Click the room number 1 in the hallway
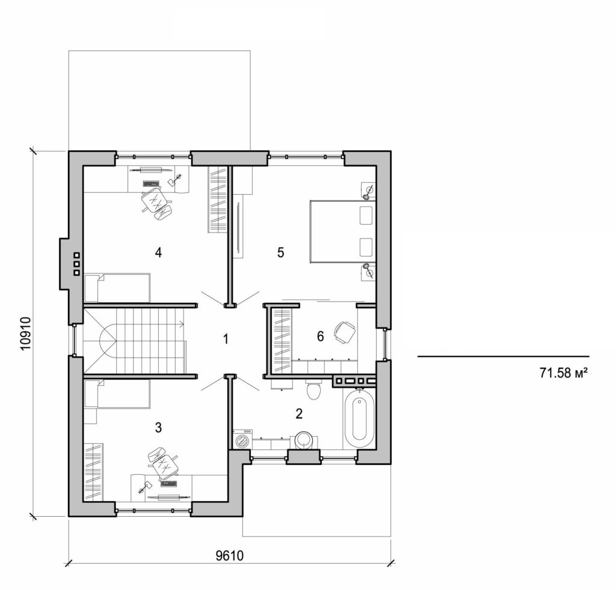[226, 339]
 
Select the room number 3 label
[158, 427]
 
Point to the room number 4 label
[158, 252]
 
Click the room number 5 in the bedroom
[280, 252]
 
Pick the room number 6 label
[320, 337]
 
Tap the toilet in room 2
[313, 391]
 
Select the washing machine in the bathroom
[242, 440]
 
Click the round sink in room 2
[303, 440]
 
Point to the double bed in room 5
[341, 231]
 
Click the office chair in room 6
[344, 332]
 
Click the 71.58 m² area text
[562, 373]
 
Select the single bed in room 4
[117, 288]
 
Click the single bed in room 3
[117, 393]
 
